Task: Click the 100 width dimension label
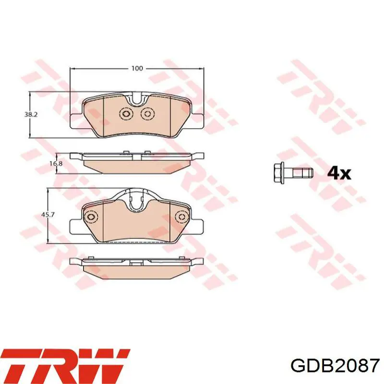[x=137, y=69]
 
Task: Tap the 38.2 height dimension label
[x=31, y=115]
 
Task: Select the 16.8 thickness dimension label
[x=56, y=164]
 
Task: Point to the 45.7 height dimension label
[x=47, y=215]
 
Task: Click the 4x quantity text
[x=339, y=173]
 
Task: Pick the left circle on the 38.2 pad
[x=126, y=114]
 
